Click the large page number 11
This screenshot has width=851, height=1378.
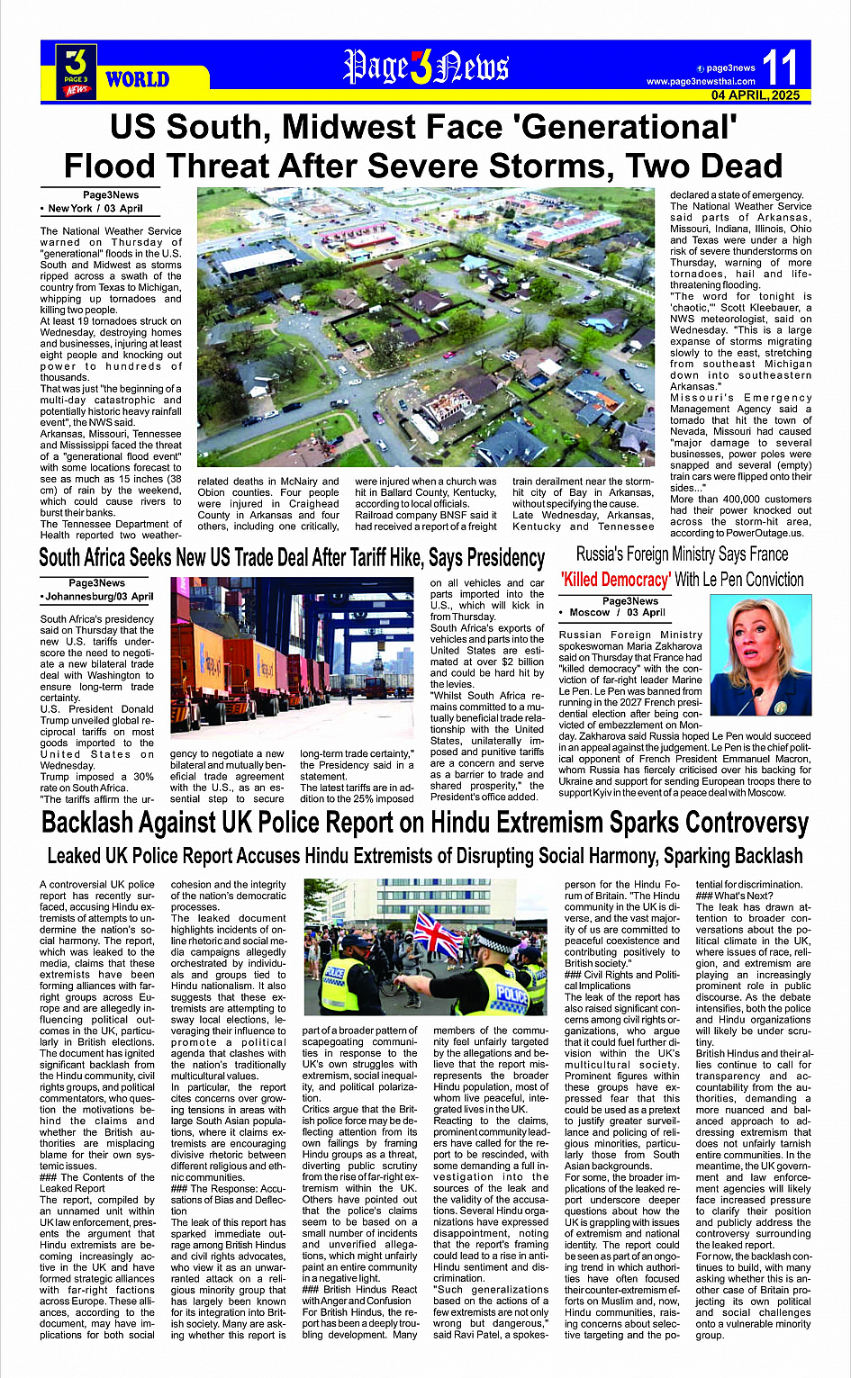coord(780,68)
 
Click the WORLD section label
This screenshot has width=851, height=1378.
coord(137,79)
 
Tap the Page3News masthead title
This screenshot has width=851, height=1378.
coord(426,67)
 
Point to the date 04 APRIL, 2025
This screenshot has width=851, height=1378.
coord(755,95)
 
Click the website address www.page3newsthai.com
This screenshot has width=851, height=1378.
coord(701,81)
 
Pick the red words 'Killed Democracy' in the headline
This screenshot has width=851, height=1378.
coord(615,580)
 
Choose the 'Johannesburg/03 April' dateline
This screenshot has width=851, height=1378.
coord(97,596)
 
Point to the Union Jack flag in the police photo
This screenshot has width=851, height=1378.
coord(438,936)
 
